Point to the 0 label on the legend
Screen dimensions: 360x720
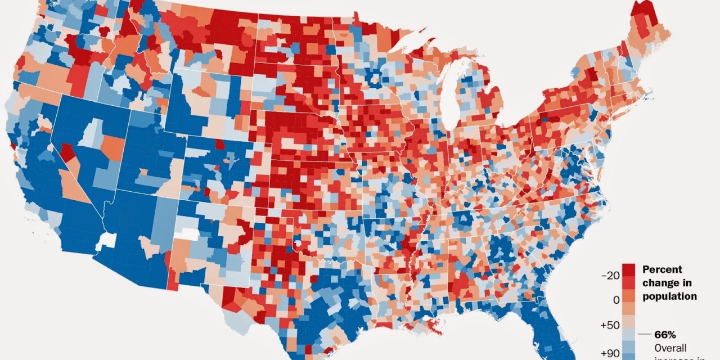click(616, 300)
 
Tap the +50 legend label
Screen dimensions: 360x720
click(610, 326)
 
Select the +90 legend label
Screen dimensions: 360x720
click(610, 353)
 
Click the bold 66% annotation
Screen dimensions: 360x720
click(665, 334)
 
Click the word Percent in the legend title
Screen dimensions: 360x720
click(662, 269)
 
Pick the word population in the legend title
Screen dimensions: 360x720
click(669, 296)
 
